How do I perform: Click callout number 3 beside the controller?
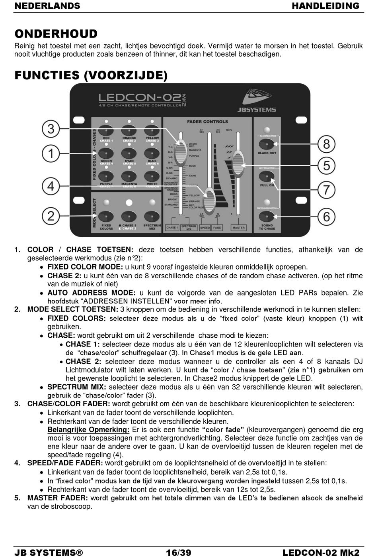point(51,129)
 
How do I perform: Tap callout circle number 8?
point(326,143)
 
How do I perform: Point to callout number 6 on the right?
point(326,217)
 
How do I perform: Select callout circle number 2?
point(51,216)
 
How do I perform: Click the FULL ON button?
point(267,178)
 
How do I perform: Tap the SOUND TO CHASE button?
point(267,217)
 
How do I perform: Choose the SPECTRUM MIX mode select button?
point(152,216)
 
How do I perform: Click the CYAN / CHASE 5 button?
point(129,154)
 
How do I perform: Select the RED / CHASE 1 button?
point(106,130)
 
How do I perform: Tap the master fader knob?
point(238,160)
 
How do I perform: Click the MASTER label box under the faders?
point(239,228)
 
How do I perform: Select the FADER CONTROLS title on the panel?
point(207,122)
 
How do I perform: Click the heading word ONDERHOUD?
point(56,34)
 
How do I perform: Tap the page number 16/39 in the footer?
point(179,552)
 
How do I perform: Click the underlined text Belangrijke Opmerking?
point(88,430)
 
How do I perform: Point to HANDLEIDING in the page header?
point(325,6)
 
